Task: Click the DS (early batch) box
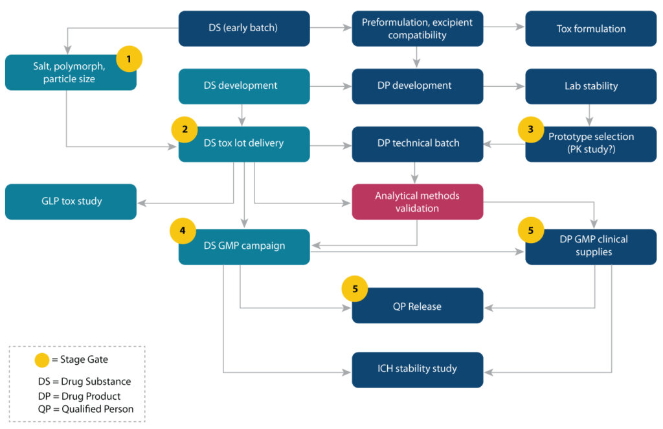[244, 29]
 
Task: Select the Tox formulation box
[590, 29]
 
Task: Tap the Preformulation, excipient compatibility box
[417, 29]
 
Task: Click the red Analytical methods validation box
[417, 202]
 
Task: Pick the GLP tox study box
[71, 202]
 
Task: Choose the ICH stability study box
[417, 369]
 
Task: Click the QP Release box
[417, 306]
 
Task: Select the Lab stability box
[590, 86]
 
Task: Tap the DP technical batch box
[417, 144]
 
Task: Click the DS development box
[244, 86]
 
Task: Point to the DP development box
[417, 86]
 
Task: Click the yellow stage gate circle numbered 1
[129, 60]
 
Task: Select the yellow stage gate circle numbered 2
[185, 129]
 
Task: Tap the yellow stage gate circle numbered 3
[531, 129]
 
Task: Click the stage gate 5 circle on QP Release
[355, 289]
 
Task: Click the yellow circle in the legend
[42, 359]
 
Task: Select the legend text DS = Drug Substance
[84, 382]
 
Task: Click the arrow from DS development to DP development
[330, 86]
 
